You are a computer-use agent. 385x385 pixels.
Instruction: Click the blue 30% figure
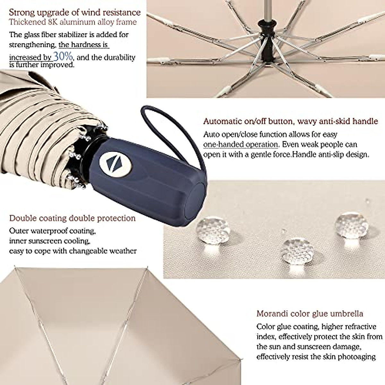pos(63,57)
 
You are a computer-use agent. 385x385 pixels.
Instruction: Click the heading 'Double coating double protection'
pos(73,218)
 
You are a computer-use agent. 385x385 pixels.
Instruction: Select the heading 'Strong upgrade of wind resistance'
pos(75,13)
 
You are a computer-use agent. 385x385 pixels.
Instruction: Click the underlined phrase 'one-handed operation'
pos(241,144)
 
